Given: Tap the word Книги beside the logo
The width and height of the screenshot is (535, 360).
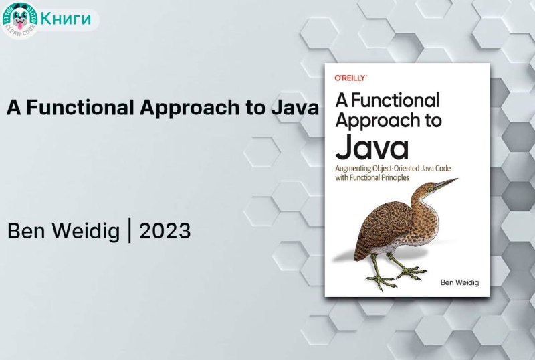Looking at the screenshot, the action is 66,18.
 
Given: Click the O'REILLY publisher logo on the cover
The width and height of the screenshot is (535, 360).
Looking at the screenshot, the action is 350,78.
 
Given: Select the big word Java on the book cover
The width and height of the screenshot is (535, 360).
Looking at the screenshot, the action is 372,147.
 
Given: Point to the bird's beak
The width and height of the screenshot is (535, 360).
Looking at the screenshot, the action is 445,184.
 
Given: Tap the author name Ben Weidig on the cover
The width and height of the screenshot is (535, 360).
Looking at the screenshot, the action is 459,282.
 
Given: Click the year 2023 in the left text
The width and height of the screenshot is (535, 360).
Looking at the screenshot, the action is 165,231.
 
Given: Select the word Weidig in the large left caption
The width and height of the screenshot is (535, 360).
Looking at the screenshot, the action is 86,232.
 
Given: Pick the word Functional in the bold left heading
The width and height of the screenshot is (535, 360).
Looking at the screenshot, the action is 80,107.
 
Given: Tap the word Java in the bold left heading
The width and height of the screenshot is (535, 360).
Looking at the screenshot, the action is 295,107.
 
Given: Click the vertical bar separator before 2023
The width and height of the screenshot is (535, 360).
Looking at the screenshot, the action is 129,231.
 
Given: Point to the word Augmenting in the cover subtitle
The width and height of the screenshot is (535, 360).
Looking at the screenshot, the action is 353,169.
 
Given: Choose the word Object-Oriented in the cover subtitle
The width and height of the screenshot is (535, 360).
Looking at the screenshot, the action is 397,169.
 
